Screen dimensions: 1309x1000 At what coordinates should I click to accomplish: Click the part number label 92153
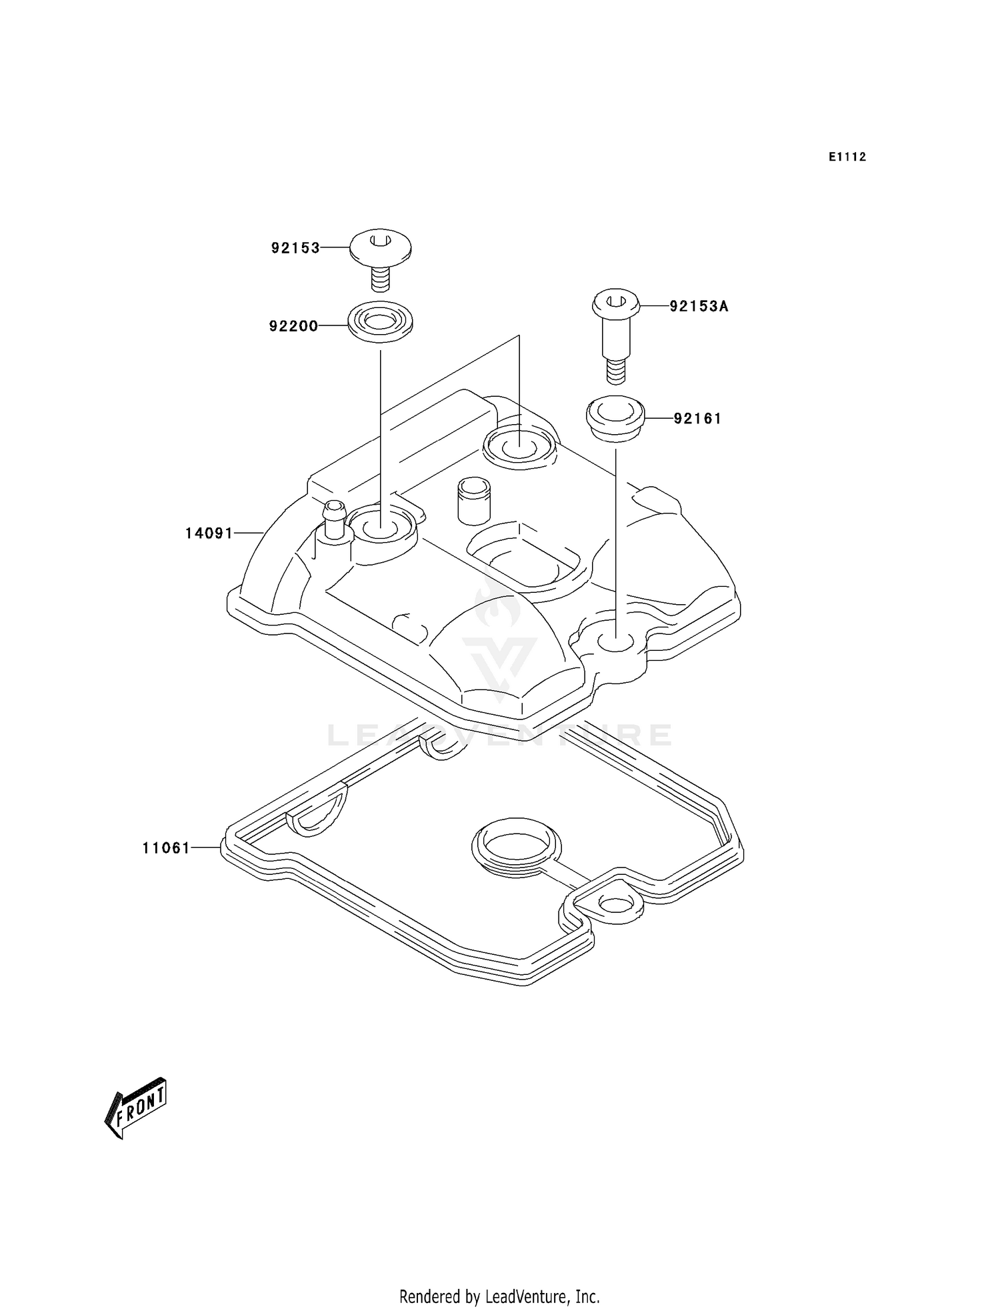(295, 248)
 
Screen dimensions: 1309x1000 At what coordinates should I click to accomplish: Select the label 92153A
(699, 307)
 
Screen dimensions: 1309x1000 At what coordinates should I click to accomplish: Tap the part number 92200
(293, 326)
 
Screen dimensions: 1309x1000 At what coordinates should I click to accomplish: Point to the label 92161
(697, 419)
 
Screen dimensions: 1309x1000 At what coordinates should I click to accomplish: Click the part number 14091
(209, 533)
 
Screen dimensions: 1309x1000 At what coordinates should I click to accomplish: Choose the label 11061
(166, 848)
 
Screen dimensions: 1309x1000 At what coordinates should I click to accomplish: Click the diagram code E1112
(847, 157)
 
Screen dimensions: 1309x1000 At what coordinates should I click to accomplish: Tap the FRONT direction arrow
(136, 1108)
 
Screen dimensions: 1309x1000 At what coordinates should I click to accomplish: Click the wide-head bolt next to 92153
(380, 255)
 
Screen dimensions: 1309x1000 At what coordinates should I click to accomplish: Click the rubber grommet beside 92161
(615, 418)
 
